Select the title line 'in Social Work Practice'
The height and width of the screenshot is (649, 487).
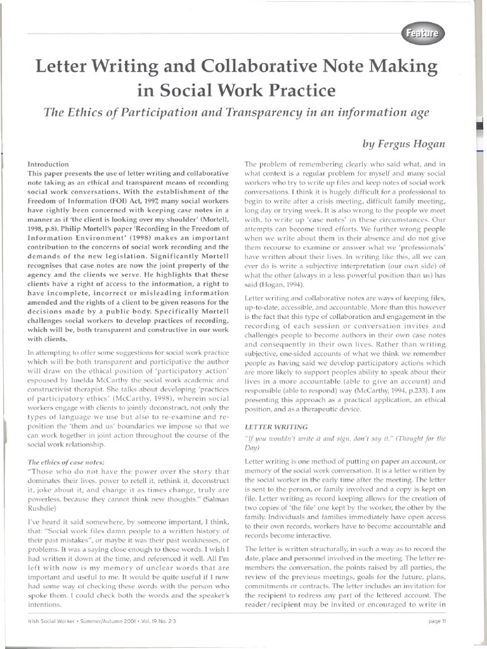point(236,89)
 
